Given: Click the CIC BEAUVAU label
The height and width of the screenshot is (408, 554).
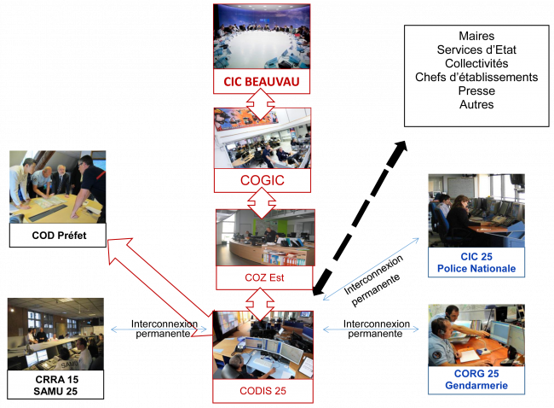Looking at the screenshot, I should tap(262, 83).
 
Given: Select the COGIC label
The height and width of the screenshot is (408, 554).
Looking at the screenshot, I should tap(262, 181).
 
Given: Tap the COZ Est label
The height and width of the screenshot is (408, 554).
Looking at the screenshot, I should tap(264, 277).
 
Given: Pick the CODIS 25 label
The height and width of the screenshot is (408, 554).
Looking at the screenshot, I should tap(263, 391).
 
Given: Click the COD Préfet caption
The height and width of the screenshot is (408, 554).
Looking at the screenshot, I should tap(57, 235).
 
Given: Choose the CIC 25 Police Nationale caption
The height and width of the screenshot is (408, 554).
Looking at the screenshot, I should tap(476, 263).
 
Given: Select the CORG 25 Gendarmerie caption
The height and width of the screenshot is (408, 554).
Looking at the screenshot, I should tap(476, 380).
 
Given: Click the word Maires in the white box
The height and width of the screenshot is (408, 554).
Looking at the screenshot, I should tap(476, 36).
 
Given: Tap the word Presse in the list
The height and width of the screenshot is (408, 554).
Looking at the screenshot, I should tap(476, 90).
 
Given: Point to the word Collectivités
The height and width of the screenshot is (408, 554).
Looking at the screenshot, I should tap(476, 63).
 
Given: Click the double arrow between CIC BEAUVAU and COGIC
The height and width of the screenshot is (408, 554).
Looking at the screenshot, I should tap(262, 102).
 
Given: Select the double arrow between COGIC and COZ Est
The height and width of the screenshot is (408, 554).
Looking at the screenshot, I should tap(262, 202).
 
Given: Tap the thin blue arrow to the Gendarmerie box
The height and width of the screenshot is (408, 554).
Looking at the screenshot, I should tap(372, 329).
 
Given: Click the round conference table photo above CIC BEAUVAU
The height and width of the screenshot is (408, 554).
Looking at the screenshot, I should tap(262, 37).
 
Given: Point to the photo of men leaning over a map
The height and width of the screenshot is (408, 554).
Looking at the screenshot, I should tap(57, 187).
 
